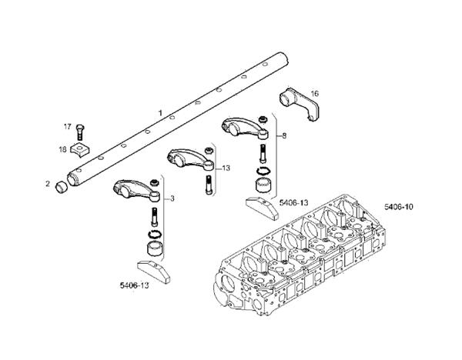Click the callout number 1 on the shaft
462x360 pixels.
(x=159, y=113)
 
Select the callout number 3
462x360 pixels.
(x=172, y=199)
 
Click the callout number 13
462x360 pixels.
(x=226, y=168)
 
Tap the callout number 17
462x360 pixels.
(x=67, y=126)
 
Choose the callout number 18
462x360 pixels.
(x=63, y=148)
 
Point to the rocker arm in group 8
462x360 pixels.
(x=244, y=124)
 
